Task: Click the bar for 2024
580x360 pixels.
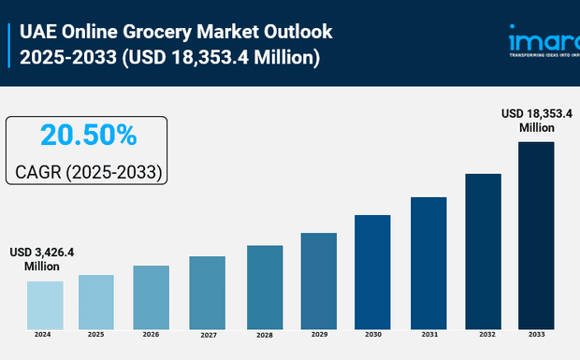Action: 44,304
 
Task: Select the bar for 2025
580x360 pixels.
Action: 95,301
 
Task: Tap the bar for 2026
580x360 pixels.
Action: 151,296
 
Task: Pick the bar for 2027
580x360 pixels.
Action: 207,292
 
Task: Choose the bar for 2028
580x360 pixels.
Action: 264,286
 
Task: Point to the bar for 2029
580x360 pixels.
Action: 318,281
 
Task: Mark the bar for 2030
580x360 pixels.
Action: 372,271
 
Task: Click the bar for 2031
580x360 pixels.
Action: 428,263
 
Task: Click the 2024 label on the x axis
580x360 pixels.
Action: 43,334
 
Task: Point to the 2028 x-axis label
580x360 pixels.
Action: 264,335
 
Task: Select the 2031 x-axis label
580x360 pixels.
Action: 428,335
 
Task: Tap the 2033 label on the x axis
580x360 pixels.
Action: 536,335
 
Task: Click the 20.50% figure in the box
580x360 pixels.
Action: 88,136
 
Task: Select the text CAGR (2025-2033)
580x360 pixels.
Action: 88,173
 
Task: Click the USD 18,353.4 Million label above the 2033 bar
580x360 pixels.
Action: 536,120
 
